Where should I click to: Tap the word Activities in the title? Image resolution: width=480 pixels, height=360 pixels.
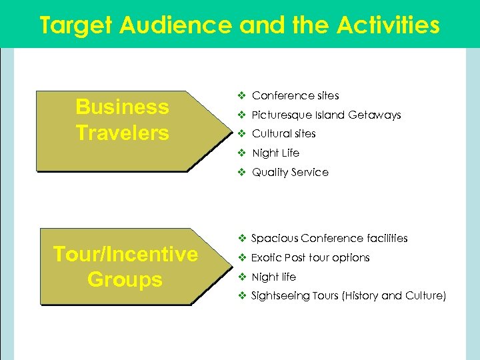click(388, 25)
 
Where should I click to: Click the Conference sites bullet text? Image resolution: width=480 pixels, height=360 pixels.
click(295, 95)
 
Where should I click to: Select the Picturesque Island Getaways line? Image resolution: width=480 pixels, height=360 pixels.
click(326, 115)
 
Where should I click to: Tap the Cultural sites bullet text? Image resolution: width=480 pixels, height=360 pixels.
click(283, 133)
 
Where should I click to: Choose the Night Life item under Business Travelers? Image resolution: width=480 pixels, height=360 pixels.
click(275, 153)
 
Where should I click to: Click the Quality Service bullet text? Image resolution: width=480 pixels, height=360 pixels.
click(290, 172)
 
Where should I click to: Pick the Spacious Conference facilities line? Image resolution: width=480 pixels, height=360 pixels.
click(329, 238)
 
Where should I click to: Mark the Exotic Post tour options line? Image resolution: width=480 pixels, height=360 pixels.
click(310, 257)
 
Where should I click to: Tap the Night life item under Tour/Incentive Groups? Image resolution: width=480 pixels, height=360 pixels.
click(273, 277)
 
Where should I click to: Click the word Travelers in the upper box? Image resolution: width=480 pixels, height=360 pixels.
click(122, 133)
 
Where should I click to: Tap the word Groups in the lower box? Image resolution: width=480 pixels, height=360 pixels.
click(125, 279)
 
